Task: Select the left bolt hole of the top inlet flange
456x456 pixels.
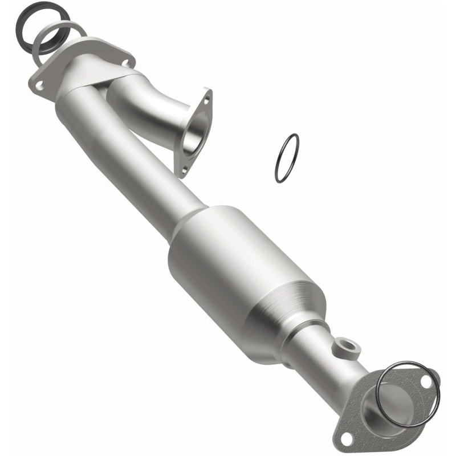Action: [40, 85]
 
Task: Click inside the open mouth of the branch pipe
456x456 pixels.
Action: [196, 134]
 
